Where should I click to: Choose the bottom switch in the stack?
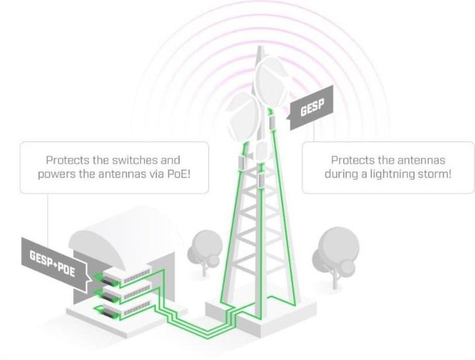(x=131, y=308)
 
